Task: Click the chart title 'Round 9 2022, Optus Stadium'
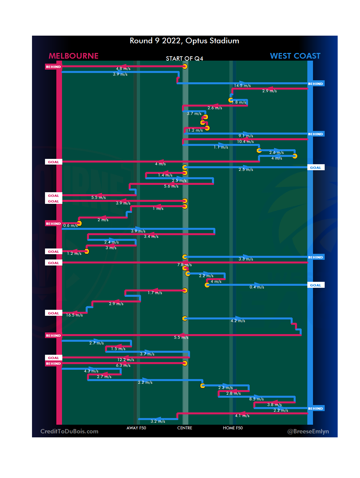tap(184, 41)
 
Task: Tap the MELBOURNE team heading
tap(73, 56)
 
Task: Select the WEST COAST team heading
tap(295, 56)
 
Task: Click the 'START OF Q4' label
tap(184, 59)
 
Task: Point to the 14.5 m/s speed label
tap(242, 86)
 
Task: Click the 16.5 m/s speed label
tap(74, 315)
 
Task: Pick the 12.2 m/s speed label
tap(126, 360)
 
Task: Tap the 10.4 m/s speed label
tap(245, 142)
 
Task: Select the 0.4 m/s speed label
tap(257, 287)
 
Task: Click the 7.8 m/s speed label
tap(184, 265)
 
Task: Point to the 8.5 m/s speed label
tap(256, 399)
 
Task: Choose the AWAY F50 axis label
tap(136, 428)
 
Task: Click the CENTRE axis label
tap(185, 428)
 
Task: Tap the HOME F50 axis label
tap(233, 428)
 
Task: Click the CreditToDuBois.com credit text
tap(69, 431)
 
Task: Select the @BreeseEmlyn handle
tap(308, 431)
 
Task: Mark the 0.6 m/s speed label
tap(70, 226)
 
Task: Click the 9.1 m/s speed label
tap(246, 136)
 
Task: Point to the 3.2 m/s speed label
tap(158, 421)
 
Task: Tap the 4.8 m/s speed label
tap(123, 69)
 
